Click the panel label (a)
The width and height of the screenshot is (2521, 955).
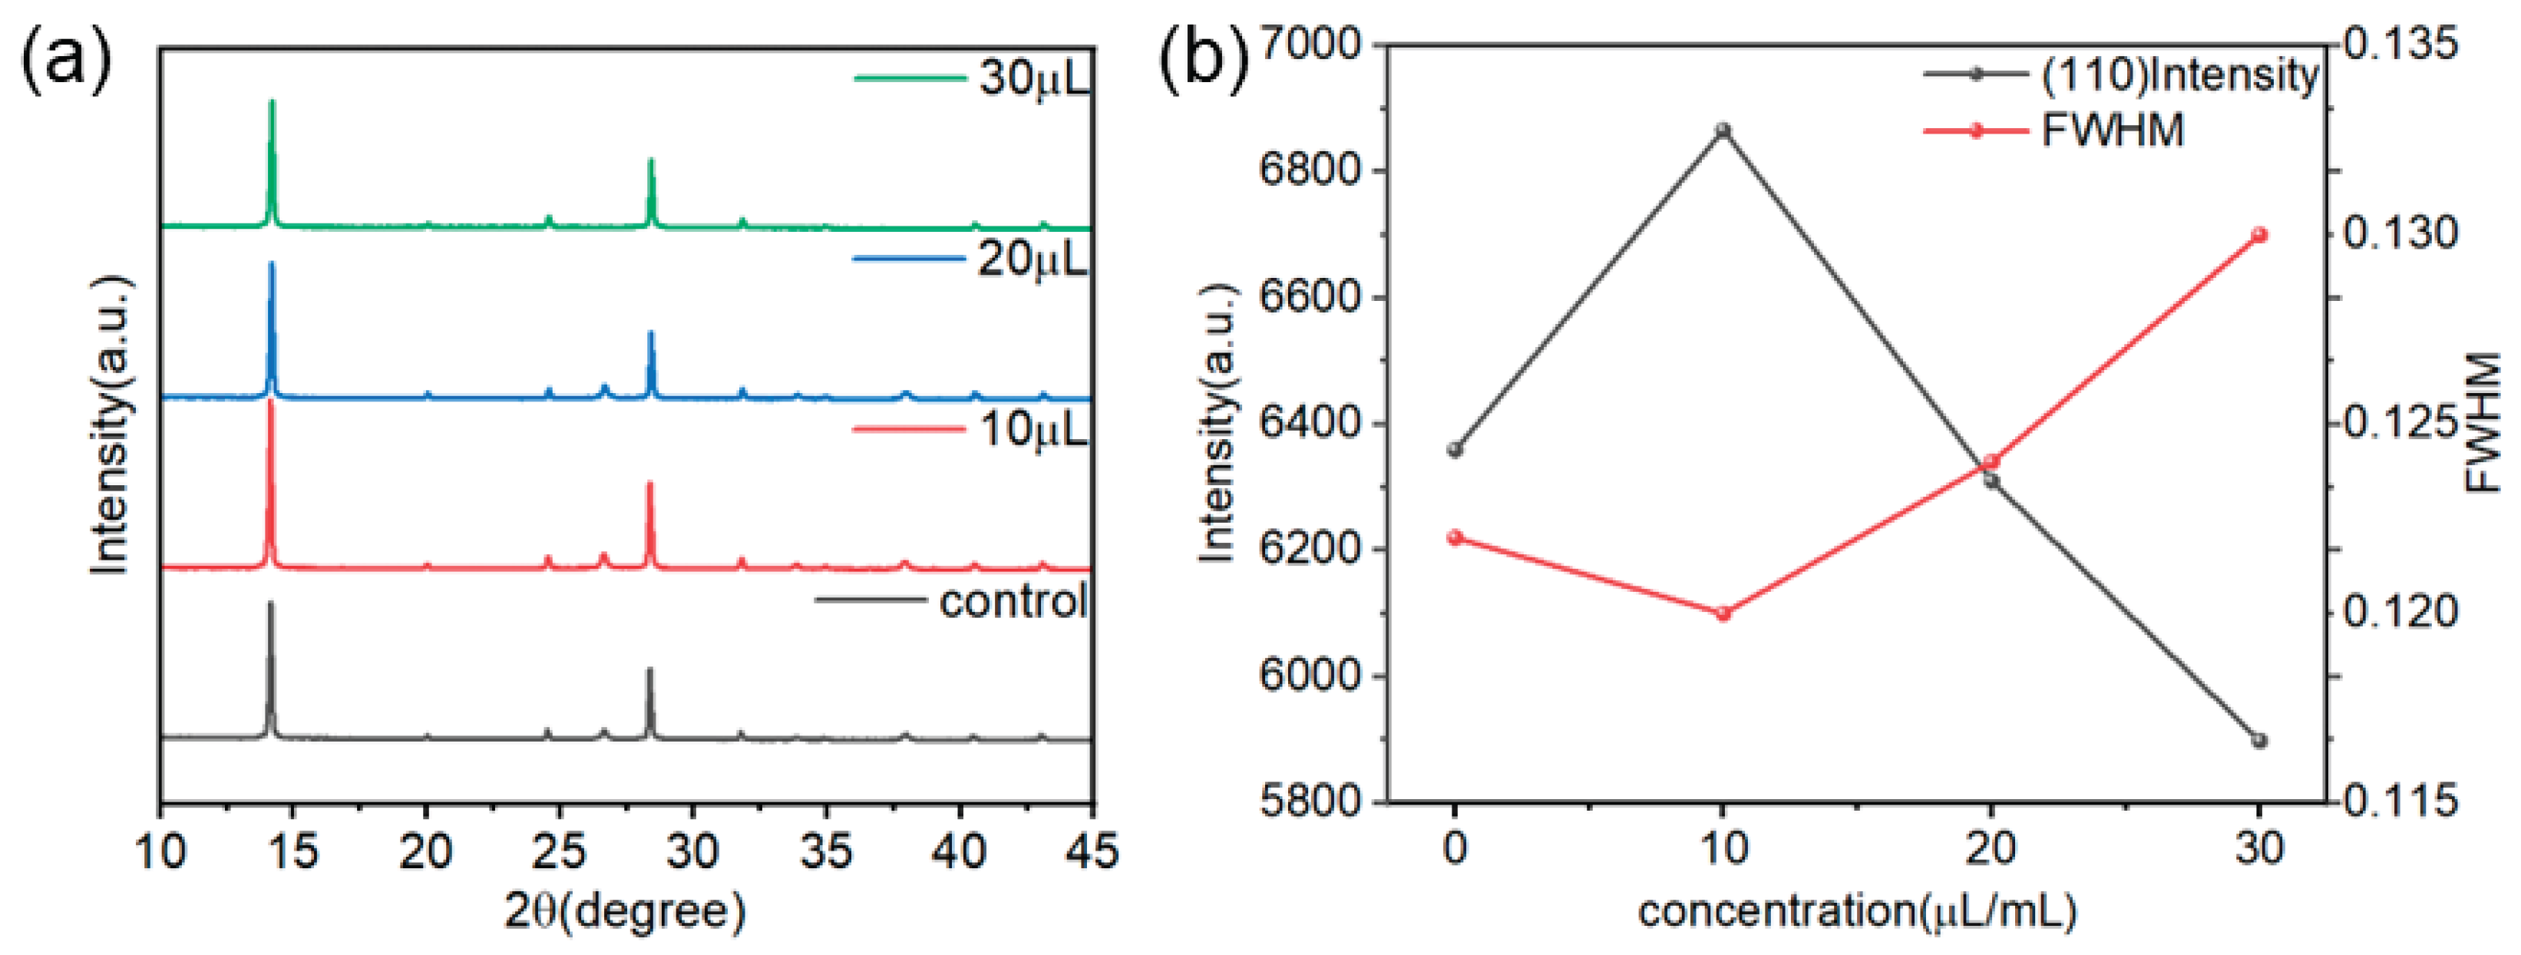(67, 61)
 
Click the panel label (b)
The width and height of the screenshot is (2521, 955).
(1204, 61)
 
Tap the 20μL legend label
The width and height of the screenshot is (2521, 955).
(1032, 259)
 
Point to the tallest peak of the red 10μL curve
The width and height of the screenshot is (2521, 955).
(271, 401)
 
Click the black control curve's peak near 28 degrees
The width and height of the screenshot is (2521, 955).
(649, 671)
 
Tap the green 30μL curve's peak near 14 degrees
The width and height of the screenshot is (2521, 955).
(272, 102)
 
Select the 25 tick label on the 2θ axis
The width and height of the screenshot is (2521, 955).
(559, 851)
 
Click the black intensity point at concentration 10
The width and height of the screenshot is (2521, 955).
(1723, 131)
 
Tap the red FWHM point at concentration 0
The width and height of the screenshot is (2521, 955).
(1455, 537)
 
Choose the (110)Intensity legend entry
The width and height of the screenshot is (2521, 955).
(2179, 75)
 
